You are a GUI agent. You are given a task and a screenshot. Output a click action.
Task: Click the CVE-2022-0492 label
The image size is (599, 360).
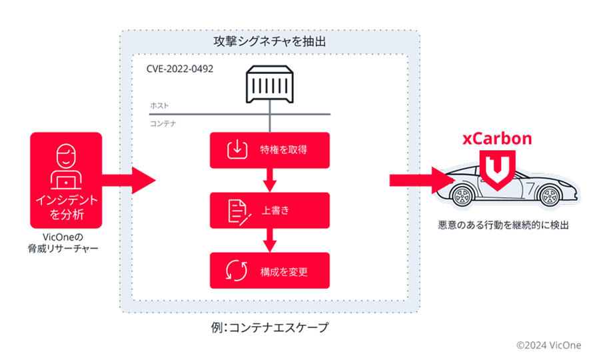180,69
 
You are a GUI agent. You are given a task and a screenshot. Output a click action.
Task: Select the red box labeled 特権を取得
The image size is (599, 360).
269,150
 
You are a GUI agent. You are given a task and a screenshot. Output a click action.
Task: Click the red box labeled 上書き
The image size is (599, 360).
269,210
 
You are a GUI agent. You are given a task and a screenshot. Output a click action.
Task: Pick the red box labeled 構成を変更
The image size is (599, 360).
269,271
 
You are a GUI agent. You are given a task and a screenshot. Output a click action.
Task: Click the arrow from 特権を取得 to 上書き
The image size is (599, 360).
269,179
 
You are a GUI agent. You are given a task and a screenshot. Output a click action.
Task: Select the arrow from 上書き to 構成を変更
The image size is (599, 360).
269,240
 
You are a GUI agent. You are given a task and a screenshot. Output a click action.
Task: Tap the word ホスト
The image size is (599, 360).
159,106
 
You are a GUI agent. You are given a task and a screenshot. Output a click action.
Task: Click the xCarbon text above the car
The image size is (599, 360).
498,139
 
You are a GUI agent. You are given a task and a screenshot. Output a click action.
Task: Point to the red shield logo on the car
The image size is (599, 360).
498,170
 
